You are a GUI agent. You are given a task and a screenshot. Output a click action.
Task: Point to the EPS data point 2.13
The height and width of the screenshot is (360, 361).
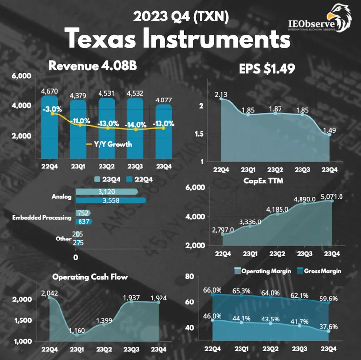(x=221, y=99)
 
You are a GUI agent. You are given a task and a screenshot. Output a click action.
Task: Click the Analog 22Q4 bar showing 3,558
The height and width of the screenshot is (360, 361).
(x=111, y=200)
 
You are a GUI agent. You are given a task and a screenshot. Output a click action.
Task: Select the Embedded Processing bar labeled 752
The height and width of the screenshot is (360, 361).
(x=81, y=213)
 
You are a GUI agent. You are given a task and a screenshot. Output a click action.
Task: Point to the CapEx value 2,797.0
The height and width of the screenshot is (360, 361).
(x=223, y=229)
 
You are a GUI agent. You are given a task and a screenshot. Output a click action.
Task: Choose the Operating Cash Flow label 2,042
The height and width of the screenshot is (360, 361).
(x=50, y=293)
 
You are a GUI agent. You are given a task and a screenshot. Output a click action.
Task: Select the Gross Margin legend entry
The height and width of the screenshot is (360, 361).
(x=322, y=270)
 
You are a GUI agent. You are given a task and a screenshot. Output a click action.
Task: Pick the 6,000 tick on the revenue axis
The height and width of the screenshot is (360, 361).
(x=21, y=76)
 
